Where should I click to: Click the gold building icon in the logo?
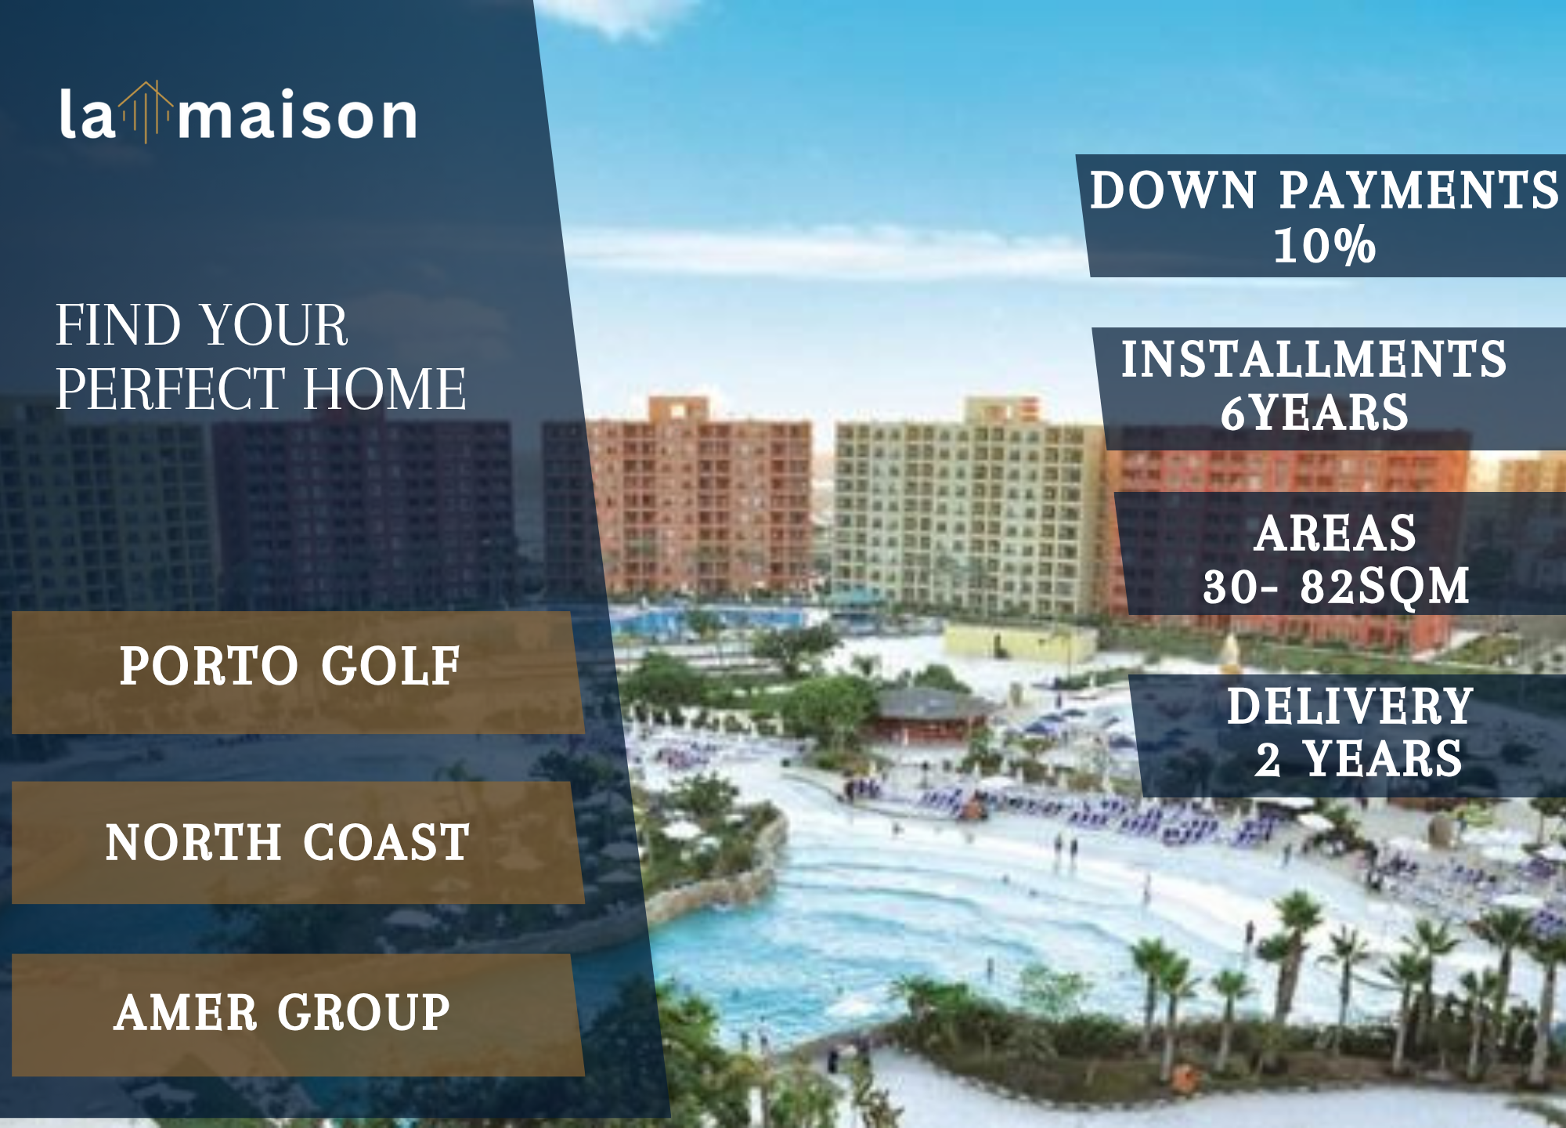[x=146, y=112]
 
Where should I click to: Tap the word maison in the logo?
[x=298, y=115]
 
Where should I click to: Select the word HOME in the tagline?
[x=384, y=389]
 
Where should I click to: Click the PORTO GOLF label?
[x=290, y=667]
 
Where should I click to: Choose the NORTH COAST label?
[x=287, y=842]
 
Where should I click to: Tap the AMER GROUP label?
[x=282, y=1012]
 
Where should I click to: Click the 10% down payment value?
[x=1324, y=245]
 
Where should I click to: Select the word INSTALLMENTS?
[x=1314, y=359]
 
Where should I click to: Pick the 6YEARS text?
[x=1315, y=413]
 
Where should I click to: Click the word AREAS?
[x=1336, y=533]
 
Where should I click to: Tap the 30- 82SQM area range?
[x=1336, y=586]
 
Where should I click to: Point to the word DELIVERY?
[x=1351, y=706]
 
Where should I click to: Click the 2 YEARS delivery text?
[x=1359, y=758]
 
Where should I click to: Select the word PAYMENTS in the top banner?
[x=1420, y=190]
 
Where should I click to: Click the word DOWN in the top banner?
[x=1174, y=190]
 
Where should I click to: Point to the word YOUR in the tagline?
[x=274, y=325]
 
